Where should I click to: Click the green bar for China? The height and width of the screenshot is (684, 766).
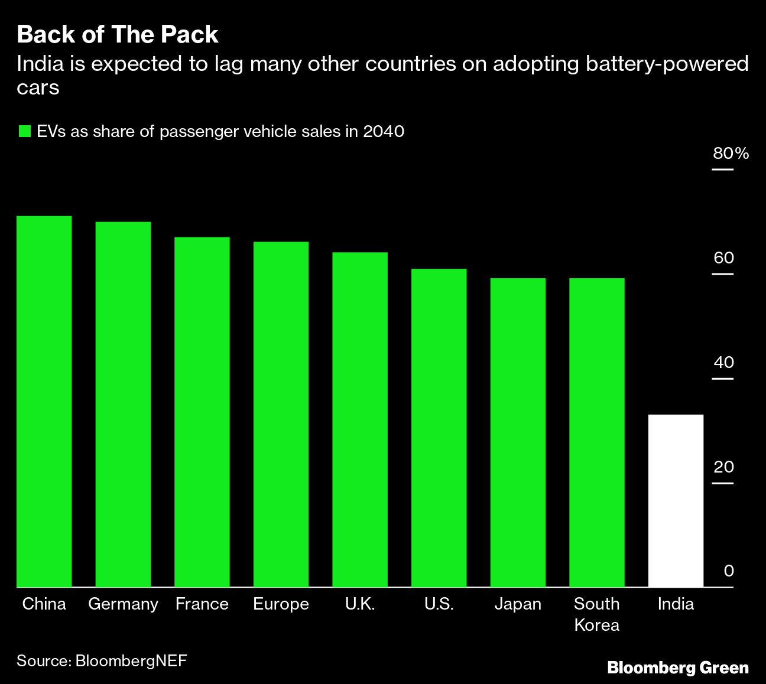[44, 402]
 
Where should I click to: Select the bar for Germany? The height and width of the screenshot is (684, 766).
[123, 405]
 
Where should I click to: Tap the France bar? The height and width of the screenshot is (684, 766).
[202, 412]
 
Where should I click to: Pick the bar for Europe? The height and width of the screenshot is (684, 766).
[281, 415]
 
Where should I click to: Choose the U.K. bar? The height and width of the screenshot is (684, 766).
[360, 420]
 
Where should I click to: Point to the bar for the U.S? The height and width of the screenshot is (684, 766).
[439, 428]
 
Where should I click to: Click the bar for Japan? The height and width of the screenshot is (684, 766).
[518, 433]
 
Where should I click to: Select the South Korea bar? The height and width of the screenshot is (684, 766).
[597, 433]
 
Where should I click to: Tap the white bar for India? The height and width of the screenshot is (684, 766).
[676, 501]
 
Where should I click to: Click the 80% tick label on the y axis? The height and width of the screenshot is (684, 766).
[731, 154]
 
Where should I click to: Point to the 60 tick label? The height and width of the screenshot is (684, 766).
[723, 258]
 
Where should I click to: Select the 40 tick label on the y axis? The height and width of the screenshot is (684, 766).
[723, 363]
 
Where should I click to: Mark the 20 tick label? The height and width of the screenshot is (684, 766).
[723, 467]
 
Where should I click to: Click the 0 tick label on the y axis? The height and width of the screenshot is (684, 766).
[729, 571]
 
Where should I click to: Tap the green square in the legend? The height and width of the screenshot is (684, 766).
[24, 131]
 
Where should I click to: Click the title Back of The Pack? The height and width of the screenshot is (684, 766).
[118, 35]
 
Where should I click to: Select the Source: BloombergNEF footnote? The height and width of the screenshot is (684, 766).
[102, 660]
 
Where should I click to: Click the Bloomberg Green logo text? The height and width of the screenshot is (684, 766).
[678, 668]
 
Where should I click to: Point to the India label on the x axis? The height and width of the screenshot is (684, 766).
[676, 604]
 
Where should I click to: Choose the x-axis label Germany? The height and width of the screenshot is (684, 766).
[123, 604]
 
